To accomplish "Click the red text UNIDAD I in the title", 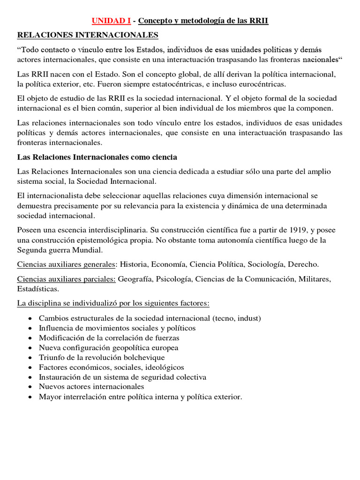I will point(111,21).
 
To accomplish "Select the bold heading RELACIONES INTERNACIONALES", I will point(88,35).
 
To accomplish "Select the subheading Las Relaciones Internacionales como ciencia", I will point(97,157).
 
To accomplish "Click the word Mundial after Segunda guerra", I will point(89,250).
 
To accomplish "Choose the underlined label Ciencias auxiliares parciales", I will point(66,279).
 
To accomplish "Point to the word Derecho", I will point(304,264).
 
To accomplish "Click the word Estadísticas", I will point(38,289).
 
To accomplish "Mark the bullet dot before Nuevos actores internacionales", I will point(30,387).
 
